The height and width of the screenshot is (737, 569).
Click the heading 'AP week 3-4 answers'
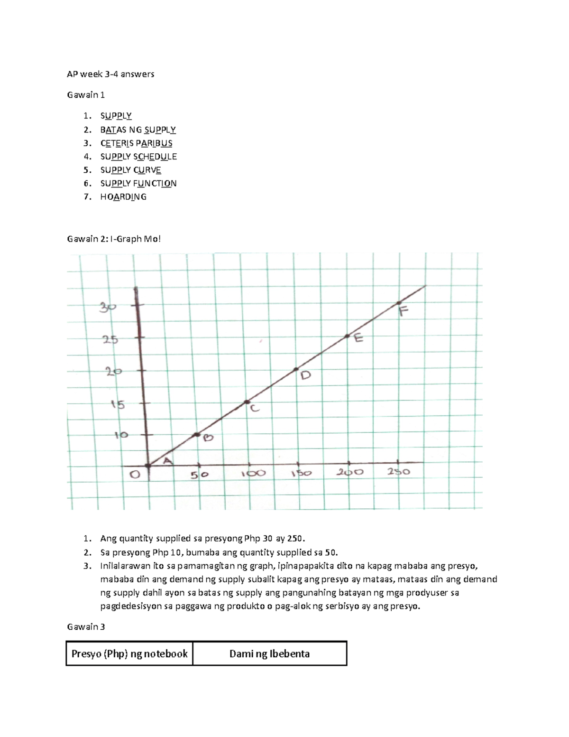(110, 74)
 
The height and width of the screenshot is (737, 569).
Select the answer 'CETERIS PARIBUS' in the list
(136, 143)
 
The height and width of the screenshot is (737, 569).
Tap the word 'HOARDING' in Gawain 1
(123, 197)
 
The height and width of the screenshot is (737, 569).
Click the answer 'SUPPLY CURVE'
(130, 170)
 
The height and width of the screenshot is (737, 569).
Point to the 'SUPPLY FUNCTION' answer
(138, 184)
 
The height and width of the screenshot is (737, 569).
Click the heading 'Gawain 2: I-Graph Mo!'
(114, 239)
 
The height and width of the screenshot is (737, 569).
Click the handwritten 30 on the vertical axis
(107, 308)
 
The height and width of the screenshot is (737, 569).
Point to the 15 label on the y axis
(118, 405)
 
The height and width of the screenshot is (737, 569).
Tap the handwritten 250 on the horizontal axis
(398, 472)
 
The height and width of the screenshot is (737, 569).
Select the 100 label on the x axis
(253, 474)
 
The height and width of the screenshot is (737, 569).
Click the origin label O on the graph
(135, 474)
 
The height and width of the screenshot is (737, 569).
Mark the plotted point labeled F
(399, 303)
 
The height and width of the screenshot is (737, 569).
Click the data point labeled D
(296, 369)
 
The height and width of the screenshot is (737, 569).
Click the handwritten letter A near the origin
(168, 461)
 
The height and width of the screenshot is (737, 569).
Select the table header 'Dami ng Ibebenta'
(269, 654)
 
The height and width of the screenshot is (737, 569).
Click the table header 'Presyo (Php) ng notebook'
(129, 654)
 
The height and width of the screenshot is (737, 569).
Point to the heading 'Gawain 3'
(86, 627)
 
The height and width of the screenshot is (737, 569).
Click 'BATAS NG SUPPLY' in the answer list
(138, 130)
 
